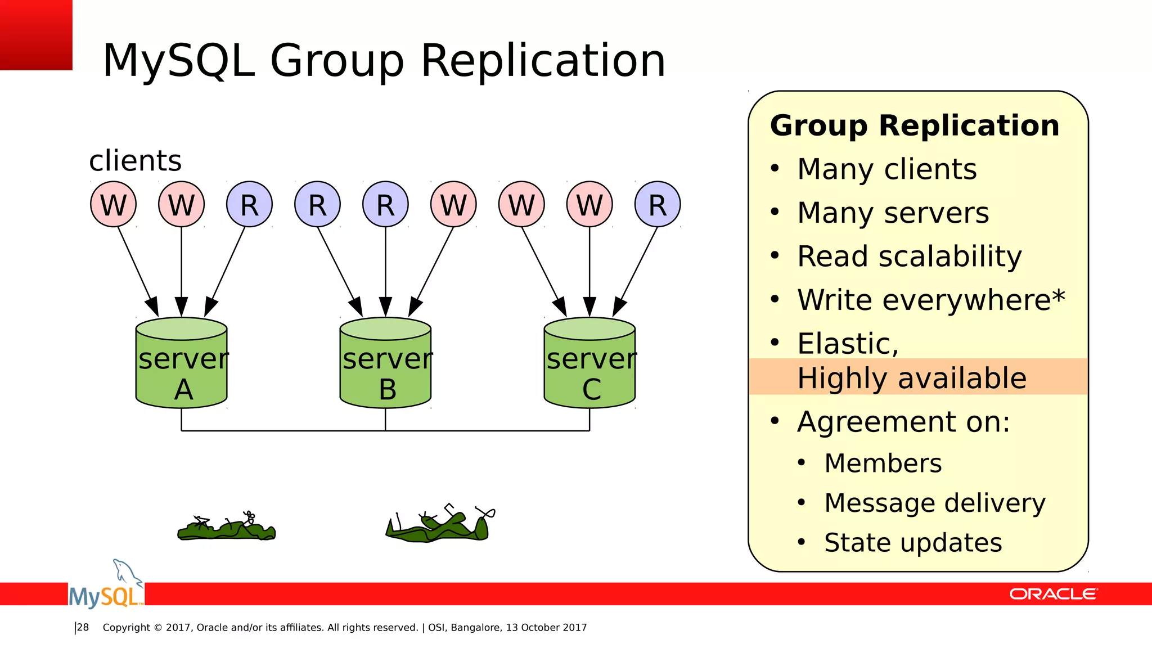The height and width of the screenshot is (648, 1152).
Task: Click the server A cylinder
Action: click(x=182, y=363)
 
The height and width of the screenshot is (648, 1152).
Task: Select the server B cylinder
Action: click(x=386, y=363)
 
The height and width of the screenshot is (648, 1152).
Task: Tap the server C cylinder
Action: click(x=589, y=363)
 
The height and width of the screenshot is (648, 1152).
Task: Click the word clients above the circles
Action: click(x=135, y=161)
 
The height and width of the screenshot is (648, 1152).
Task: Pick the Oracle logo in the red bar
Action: click(x=1053, y=594)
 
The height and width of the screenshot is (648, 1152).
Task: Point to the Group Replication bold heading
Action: click(x=915, y=125)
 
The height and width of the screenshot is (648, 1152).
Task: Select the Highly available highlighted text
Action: click(x=912, y=378)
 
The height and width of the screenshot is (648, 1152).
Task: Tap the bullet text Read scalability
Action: click(x=909, y=256)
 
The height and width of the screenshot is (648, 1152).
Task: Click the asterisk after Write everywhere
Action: click(x=1058, y=296)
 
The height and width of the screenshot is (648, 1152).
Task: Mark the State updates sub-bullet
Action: click(x=913, y=543)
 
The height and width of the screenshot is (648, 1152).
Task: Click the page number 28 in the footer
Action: click(x=83, y=628)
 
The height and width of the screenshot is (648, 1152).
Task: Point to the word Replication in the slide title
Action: click(x=543, y=60)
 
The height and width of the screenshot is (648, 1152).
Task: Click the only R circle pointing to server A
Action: click(x=249, y=204)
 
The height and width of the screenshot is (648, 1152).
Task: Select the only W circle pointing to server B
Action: click(x=453, y=204)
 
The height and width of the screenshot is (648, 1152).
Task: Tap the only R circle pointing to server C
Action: click(x=658, y=204)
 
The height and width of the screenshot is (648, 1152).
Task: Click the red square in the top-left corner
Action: click(x=36, y=35)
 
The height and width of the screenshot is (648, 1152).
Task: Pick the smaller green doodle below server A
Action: click(x=227, y=528)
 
